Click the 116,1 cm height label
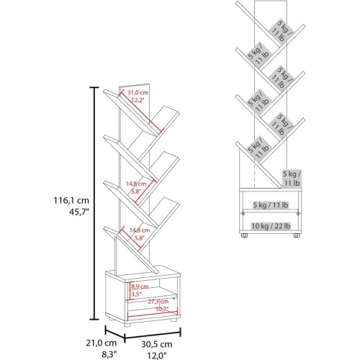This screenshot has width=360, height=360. pos(71,200)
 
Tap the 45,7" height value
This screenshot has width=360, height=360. pos(79,212)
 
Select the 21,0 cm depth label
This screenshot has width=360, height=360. pos(102,343)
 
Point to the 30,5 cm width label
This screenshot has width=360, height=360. pos(156,344)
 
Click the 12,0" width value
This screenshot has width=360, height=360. pos(156,356)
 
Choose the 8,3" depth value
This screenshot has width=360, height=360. pos(109,354)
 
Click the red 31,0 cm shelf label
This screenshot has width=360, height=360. pos(138,92)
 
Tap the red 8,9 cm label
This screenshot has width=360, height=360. pos(140,287)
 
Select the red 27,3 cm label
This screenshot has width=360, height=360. pos(158,302)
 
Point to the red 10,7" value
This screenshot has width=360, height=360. pos(162,309)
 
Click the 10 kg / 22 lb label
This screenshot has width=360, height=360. pos(271,226)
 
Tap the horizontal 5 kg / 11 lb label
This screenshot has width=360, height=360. pos(271,205)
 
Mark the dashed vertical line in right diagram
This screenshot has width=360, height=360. pos(254,176)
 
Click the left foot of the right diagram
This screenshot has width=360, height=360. pos(244,235)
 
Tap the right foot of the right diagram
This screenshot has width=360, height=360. pos(297,235)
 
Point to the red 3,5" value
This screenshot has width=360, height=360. pos(136,294)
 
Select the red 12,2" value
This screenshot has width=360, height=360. pos(138,100)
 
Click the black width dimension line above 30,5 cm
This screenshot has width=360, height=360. pos(153,335)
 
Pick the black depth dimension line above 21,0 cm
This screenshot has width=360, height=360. pos(115,333)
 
